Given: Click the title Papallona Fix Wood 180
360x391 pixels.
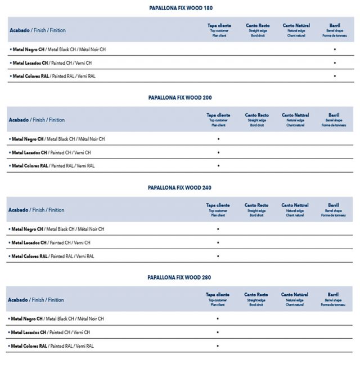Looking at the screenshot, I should (181, 8).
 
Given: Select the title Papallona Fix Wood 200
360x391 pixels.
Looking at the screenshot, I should (180, 97).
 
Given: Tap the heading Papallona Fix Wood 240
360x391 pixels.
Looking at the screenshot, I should (179, 187).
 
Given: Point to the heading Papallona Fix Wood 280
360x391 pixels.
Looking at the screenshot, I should (179, 277).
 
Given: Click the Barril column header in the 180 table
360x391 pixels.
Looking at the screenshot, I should (334, 30).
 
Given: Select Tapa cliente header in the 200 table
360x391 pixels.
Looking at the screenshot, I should (218, 120).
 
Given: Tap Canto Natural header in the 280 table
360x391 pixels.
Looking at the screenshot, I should (294, 299).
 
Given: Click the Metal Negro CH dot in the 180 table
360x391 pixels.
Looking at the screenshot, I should (335, 50).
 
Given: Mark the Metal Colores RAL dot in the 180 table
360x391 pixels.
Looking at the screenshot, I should (335, 76).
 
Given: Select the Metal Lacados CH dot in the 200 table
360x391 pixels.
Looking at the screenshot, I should (218, 152).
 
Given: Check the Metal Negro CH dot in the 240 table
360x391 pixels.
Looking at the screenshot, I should (218, 229).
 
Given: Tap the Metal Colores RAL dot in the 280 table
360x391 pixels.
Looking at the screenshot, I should (218, 346).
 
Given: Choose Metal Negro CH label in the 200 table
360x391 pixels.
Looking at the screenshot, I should (57, 139).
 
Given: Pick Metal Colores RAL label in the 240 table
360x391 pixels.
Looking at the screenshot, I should (51, 256).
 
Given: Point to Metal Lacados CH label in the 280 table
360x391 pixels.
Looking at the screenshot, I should (49, 332).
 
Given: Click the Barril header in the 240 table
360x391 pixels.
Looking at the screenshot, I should (334, 210).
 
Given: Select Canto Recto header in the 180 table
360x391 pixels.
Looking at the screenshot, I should (258, 30).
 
